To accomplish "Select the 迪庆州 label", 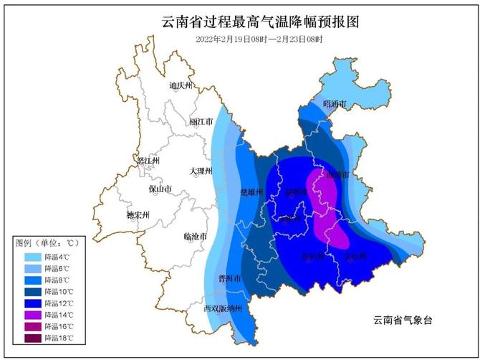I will (181, 86).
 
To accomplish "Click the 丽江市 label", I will (202, 123).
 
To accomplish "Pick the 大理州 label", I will (202, 171).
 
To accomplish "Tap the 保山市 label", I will (160, 189).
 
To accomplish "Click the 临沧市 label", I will (196, 236).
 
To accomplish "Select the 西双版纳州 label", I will (223, 309).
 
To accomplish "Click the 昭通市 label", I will (335, 105).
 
